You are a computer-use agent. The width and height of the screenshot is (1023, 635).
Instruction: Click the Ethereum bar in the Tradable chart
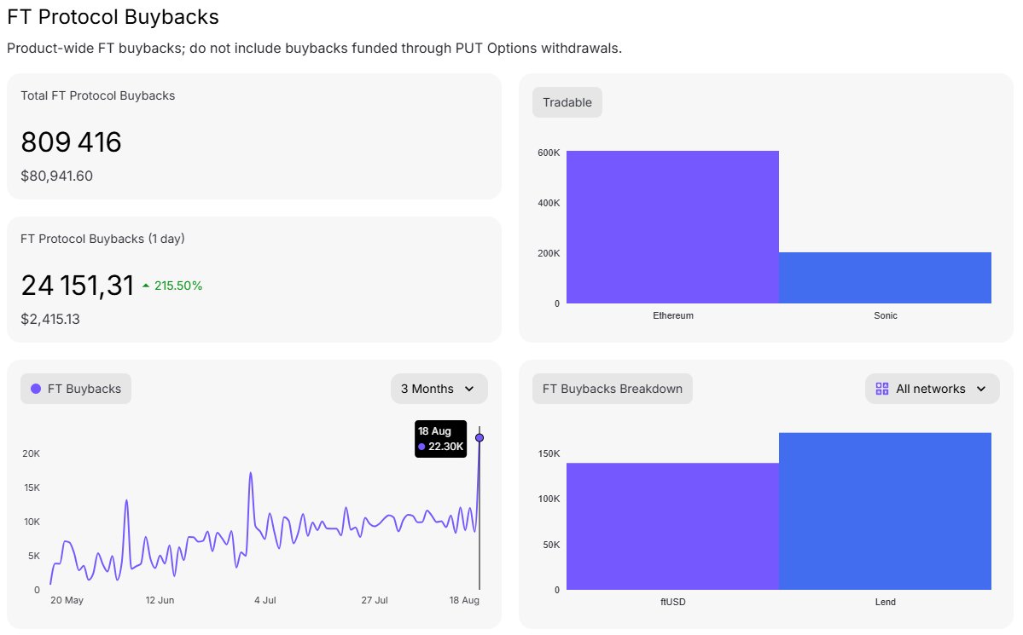[672, 227]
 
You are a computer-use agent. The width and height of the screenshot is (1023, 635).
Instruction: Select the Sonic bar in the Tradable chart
[886, 278]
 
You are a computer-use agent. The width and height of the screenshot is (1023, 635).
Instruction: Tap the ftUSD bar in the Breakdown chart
[672, 526]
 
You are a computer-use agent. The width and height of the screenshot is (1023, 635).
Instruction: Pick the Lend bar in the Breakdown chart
[886, 511]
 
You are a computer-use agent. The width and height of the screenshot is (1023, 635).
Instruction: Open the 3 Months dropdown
[439, 389]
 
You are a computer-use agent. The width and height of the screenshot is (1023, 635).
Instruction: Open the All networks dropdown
[933, 389]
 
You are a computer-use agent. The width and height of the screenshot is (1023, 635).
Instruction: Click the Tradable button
[567, 102]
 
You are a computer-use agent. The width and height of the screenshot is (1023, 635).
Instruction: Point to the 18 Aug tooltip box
[440, 439]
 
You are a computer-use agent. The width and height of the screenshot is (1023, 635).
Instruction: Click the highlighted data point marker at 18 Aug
[480, 437]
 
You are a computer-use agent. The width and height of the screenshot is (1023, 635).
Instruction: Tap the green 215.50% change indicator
[172, 286]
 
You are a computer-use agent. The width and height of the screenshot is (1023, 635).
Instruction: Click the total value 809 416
[71, 142]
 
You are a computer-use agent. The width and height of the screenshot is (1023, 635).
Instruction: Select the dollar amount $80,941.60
[57, 176]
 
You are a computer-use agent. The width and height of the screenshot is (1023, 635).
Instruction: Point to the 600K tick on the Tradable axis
[549, 153]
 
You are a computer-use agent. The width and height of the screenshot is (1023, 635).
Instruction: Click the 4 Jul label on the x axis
[264, 600]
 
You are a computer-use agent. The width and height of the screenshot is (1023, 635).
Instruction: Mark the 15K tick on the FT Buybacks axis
[32, 488]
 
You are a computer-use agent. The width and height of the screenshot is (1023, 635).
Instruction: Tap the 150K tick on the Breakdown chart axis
[549, 453]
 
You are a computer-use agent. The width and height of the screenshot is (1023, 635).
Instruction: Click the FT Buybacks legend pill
[76, 389]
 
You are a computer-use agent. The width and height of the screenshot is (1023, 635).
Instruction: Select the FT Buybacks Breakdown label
[612, 389]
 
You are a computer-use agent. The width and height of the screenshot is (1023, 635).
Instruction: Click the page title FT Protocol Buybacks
[113, 17]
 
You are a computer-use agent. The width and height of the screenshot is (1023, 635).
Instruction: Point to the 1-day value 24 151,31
[77, 286]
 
